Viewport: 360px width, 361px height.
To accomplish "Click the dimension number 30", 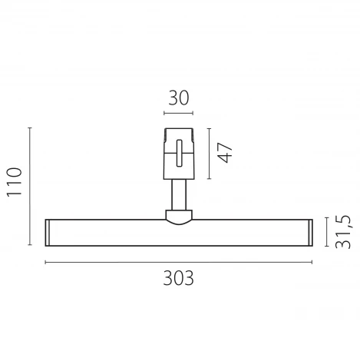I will (x=178, y=98).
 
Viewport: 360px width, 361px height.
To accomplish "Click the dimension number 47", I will (x=224, y=151).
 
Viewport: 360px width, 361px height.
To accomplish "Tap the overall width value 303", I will (x=178, y=277).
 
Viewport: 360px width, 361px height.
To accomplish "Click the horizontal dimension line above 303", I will (x=178, y=262).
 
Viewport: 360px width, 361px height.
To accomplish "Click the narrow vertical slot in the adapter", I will (x=178, y=152).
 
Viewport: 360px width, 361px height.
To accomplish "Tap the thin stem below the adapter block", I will (x=178, y=193).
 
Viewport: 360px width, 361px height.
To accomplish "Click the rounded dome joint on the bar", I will (x=178, y=217).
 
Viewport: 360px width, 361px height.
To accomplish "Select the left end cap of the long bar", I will (x=48, y=233).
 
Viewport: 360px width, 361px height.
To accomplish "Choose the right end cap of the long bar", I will (x=309, y=233).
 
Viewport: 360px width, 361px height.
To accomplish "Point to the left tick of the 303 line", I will (x=45, y=262).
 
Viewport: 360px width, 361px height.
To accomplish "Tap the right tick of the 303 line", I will (x=312, y=262).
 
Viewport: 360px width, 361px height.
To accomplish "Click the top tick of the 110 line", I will (x=30, y=128).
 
